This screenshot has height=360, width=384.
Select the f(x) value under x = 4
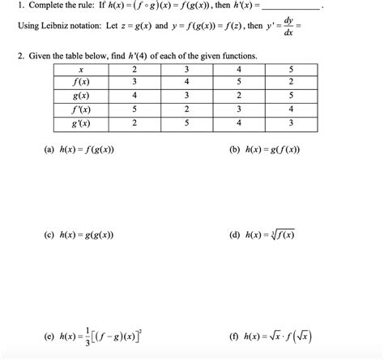click(239, 81)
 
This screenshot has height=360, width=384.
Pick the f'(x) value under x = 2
click(134, 109)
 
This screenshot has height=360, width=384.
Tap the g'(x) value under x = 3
click(186, 123)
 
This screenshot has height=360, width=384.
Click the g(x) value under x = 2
click(134, 95)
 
